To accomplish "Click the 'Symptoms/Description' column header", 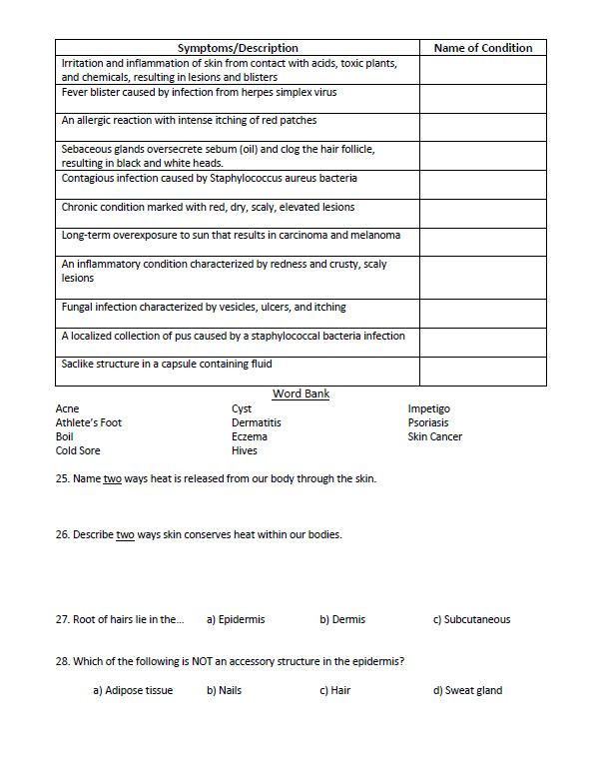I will click(238, 48).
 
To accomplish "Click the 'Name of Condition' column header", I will click(483, 48).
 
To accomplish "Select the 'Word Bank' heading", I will click(301, 393).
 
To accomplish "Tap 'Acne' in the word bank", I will click(67, 408).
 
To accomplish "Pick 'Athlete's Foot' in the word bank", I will click(88, 422).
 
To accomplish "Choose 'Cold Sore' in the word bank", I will click(78, 450).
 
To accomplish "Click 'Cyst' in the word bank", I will click(242, 408).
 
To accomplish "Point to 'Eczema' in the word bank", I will click(249, 436).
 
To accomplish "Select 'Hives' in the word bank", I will click(245, 450).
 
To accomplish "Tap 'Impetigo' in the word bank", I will click(428, 408).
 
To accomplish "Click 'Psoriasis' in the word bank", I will click(428, 422).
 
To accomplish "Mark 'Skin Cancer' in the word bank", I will click(434, 436).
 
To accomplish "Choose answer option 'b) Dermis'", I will click(342, 619).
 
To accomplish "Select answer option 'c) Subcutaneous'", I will click(471, 619).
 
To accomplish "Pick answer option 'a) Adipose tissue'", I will click(133, 690).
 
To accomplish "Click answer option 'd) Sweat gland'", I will click(467, 690).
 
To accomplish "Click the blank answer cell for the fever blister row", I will click(483, 98).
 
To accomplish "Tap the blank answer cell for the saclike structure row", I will click(483, 371).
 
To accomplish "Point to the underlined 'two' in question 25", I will click(113, 479).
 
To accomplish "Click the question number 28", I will click(63, 661).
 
